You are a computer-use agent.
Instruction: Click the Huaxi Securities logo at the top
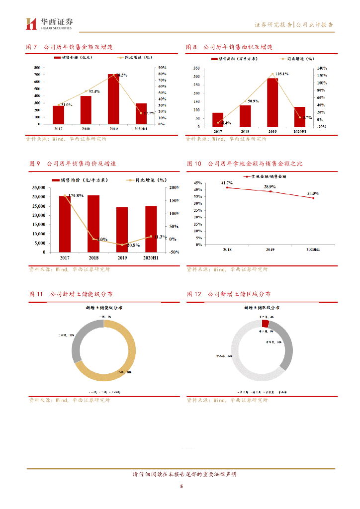[49, 23]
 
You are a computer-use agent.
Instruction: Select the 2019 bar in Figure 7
[114, 99]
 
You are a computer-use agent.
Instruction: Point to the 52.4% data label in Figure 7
[94, 91]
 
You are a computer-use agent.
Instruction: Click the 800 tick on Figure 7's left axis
[37, 67]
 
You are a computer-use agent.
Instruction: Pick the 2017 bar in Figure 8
[218, 120]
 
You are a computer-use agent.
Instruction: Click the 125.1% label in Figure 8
[281, 74]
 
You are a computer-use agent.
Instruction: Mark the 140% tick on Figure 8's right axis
[322, 68]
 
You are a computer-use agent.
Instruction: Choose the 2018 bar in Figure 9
[93, 224]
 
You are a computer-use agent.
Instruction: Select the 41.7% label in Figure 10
[227, 183]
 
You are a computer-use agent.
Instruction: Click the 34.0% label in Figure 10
[313, 193]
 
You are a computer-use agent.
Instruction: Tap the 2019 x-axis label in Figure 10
[270, 250]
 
